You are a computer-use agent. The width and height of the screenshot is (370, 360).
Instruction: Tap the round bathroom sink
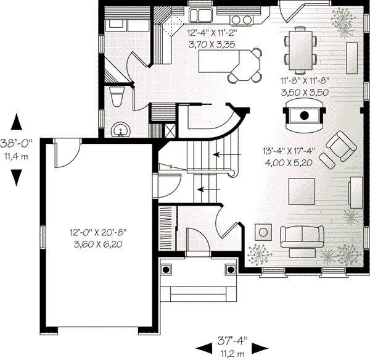tap(121, 130)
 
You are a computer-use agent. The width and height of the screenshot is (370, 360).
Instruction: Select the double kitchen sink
tap(200, 15)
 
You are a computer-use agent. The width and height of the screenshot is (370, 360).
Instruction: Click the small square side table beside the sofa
tap(264, 231)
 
